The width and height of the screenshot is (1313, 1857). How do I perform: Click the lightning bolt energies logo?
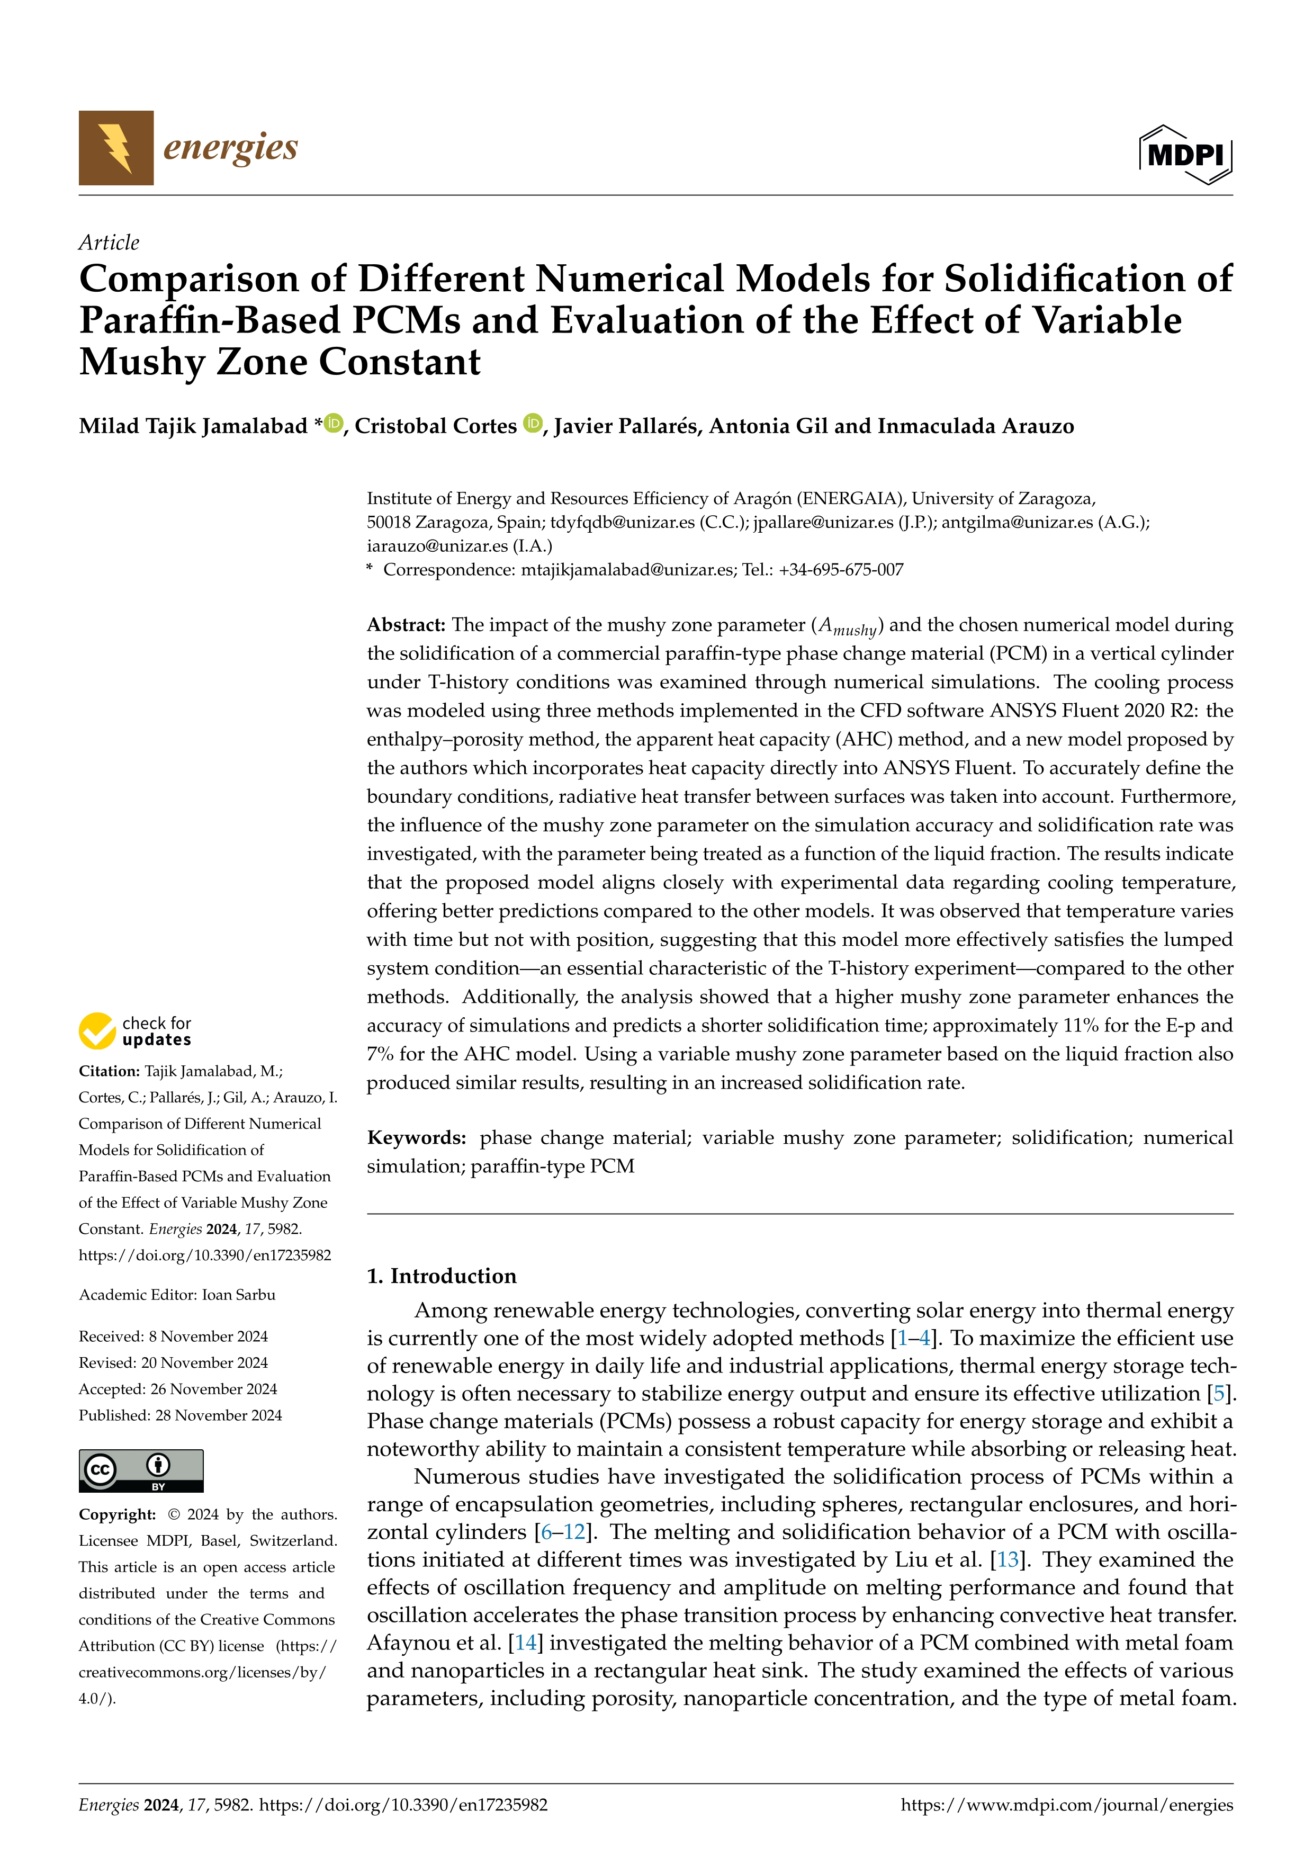click(x=115, y=148)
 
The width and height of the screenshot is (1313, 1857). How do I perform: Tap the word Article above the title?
click(x=109, y=243)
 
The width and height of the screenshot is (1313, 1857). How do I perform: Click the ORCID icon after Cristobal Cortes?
click(x=532, y=423)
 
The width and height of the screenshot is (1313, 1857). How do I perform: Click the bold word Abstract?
click(x=406, y=625)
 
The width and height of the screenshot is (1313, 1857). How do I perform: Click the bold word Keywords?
click(x=416, y=1138)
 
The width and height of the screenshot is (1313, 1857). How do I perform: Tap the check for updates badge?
click(x=135, y=1031)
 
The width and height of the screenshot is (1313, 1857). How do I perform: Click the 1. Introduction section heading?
click(x=442, y=1276)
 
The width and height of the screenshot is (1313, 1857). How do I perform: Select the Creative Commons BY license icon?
click(x=141, y=1470)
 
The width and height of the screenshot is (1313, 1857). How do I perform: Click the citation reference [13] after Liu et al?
click(x=1008, y=1560)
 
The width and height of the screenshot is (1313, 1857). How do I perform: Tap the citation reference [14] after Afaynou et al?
click(x=526, y=1644)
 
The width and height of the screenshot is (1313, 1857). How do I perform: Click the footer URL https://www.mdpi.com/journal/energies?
click(x=1066, y=1805)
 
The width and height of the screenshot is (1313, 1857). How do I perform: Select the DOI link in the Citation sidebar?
click(x=204, y=1255)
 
